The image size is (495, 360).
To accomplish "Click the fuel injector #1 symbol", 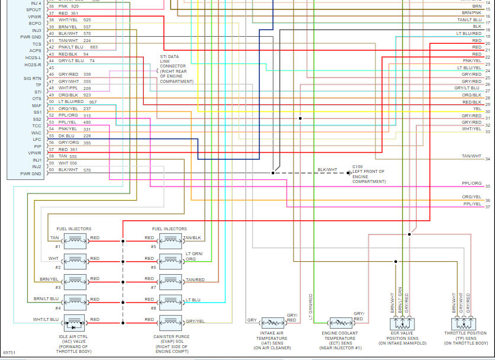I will (x=75, y=239).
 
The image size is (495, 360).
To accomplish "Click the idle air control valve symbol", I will (x=75, y=322).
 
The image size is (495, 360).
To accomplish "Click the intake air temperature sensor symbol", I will (x=273, y=323).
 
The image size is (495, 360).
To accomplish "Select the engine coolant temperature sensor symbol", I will (x=340, y=323).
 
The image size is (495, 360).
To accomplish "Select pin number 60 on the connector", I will (x=52, y=170).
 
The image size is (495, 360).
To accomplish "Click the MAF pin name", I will (x=37, y=105).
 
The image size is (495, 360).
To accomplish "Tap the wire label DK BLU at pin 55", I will (x=67, y=136).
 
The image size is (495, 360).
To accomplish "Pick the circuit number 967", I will (x=92, y=102).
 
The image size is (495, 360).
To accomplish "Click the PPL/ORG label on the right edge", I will (x=472, y=184).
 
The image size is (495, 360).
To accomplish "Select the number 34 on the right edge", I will (x=488, y=159).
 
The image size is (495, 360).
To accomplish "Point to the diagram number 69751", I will (x=9, y=352).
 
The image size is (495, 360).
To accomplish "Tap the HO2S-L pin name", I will (x=33, y=58).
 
